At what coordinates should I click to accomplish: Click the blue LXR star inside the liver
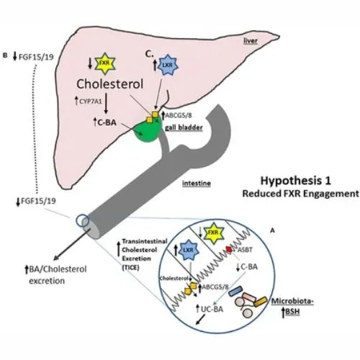coord(166,64)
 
